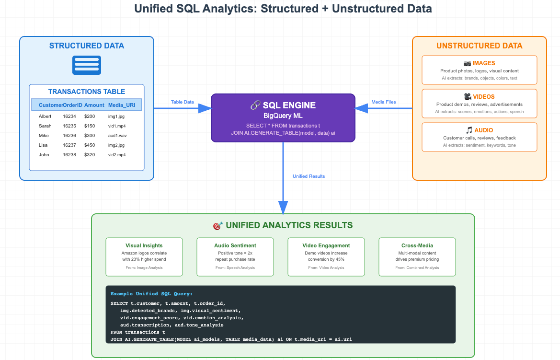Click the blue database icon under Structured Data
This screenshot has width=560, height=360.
pos(87,65)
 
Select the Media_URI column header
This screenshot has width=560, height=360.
pos(122,105)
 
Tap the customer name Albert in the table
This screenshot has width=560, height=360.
pos(45,116)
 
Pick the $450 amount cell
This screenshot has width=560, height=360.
pos(90,145)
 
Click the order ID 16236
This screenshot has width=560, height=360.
pos(69,136)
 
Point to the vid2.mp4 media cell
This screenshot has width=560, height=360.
pos(117,155)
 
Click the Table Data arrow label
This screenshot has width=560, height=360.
pos(183,102)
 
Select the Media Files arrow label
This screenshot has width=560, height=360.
pos(384,102)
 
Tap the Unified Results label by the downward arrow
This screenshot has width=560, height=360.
pos(309,176)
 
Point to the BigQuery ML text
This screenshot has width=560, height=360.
pos(283,116)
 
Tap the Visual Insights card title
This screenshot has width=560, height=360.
pos(144,245)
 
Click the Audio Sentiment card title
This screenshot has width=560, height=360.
pos(235,245)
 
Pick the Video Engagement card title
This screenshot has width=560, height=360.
pos(326,245)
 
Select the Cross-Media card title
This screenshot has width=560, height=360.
pos(417,245)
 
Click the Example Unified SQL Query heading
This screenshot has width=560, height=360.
pos(151,294)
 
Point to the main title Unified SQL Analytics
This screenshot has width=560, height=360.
pos(283,9)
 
